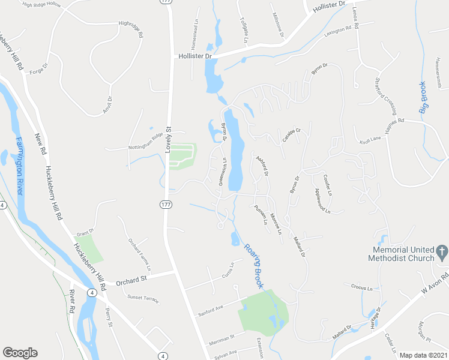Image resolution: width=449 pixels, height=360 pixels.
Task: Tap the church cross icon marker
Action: [442, 252]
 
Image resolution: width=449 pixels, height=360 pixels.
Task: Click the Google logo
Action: [20, 353]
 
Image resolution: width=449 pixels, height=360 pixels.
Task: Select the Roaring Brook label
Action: [253, 266]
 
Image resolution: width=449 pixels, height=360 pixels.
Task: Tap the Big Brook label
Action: [423, 97]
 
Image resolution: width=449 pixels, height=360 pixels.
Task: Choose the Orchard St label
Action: [131, 280]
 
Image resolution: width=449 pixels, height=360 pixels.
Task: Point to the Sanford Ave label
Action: [211, 310]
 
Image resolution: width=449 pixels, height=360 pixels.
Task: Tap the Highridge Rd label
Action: [131, 30]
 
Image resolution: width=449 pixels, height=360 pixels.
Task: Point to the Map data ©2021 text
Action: [423, 355]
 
